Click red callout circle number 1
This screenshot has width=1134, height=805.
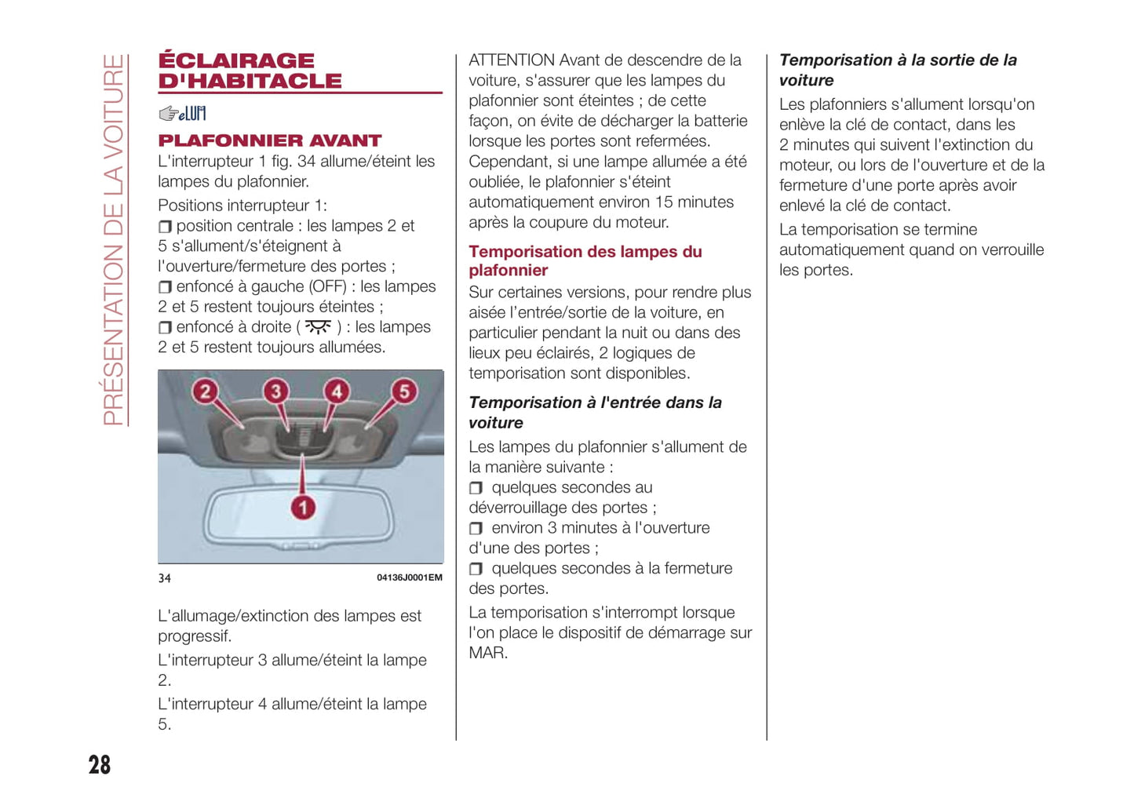(303, 508)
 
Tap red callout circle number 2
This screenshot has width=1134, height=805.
(205, 391)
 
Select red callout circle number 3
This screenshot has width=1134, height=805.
(275, 391)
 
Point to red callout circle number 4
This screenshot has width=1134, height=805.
(337, 391)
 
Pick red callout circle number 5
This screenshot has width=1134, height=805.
(404, 391)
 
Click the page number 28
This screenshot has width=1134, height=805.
(100, 765)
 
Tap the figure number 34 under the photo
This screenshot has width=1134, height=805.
(165, 578)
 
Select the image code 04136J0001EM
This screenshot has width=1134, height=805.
(409, 577)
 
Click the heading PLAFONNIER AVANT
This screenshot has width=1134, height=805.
(269, 141)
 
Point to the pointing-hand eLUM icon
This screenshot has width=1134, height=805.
(182, 114)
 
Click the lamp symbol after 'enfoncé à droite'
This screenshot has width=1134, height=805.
(318, 327)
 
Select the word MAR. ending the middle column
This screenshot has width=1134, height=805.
(487, 653)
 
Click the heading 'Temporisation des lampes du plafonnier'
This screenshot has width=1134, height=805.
(585, 260)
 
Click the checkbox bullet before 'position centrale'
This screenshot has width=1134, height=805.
(165, 227)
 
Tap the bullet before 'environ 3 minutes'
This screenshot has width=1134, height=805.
(476, 529)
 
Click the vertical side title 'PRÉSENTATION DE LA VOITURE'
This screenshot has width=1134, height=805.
(114, 239)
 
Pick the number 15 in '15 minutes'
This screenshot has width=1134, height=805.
(664, 202)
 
